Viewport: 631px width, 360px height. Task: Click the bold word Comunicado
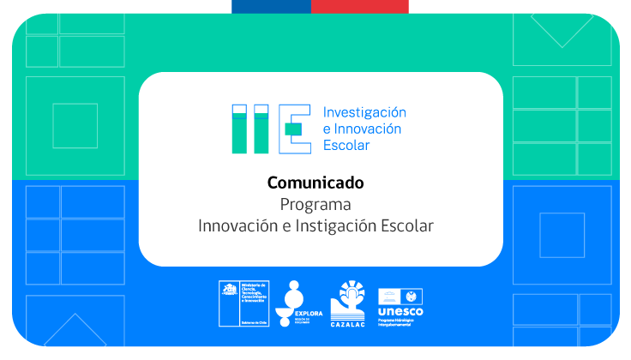(315, 183)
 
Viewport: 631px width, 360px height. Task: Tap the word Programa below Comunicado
(315, 205)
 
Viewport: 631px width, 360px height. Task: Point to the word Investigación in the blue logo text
(364, 112)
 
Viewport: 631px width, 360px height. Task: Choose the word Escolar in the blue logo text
(346, 145)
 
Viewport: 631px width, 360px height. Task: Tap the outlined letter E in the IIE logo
(292, 129)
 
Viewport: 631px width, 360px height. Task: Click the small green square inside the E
(293, 129)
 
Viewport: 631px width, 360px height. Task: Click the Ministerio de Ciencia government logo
(244, 302)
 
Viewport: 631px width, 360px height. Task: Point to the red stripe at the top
(360, 6)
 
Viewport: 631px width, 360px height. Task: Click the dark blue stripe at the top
(271, 6)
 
